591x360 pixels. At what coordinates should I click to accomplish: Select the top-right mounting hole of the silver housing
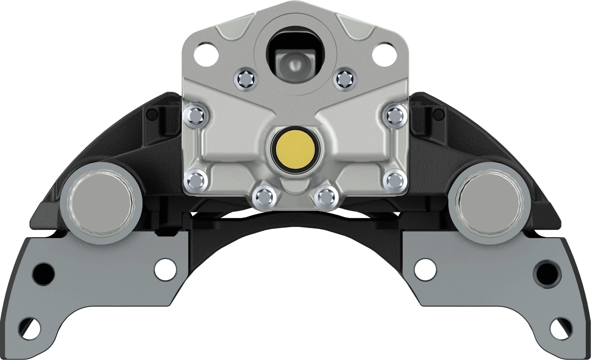(x=384, y=53)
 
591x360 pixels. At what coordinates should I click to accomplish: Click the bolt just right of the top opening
(x=344, y=79)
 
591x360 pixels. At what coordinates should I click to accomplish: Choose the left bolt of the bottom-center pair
(x=264, y=197)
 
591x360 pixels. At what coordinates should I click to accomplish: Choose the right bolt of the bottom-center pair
(x=326, y=197)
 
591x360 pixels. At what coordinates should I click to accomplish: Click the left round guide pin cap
(x=100, y=203)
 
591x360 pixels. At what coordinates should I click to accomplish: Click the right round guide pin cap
(x=489, y=203)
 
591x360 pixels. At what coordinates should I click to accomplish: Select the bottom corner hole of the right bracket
(x=561, y=328)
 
